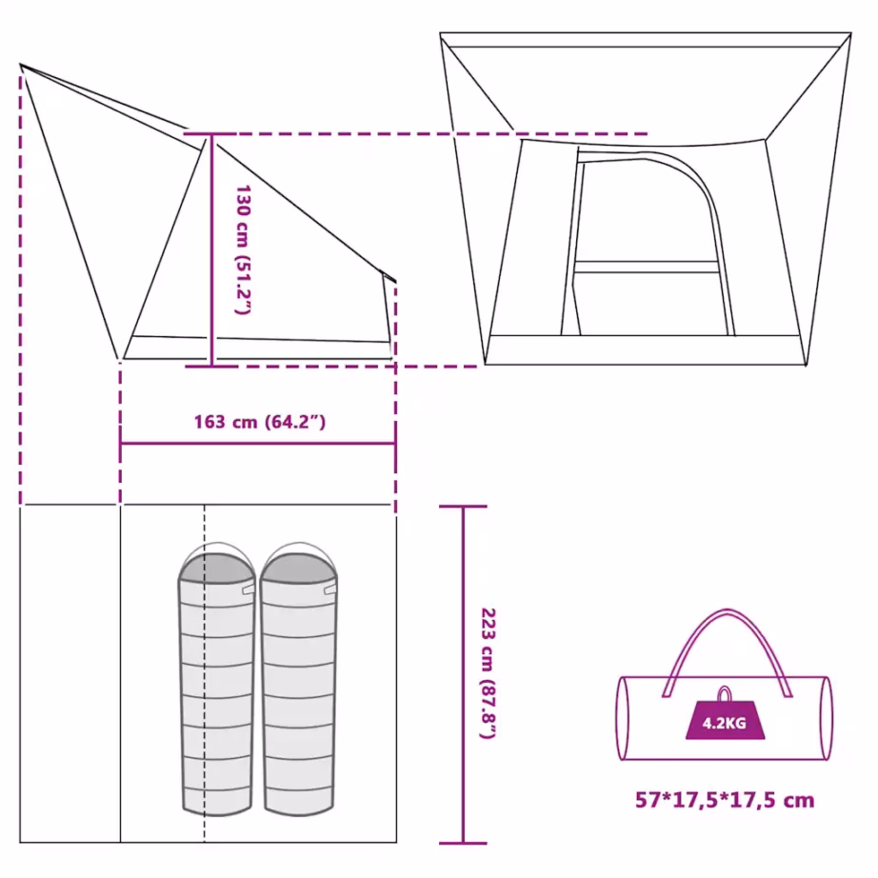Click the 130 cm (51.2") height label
pyautogui.click(x=243, y=249)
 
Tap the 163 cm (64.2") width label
pyautogui.click(x=260, y=422)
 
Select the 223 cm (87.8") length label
pyautogui.click(x=489, y=673)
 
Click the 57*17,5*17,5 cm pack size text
pyautogui.click(x=725, y=800)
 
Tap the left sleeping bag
pyautogui.click(x=217, y=679)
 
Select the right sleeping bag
pyautogui.click(x=299, y=679)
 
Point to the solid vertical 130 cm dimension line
pyautogui.click(x=211, y=250)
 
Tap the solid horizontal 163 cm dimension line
pyautogui.click(x=258, y=444)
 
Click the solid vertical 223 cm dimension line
pyautogui.click(x=463, y=675)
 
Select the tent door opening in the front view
pyautogui.click(x=649, y=247)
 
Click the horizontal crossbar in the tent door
pyautogui.click(x=647, y=267)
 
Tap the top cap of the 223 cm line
pyautogui.click(x=463, y=507)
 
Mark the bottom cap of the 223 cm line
pyautogui.click(x=463, y=844)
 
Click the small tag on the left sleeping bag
pyautogui.click(x=248, y=590)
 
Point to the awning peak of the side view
pyautogui.click(x=21, y=65)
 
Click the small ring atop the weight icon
pyautogui.click(x=725, y=693)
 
